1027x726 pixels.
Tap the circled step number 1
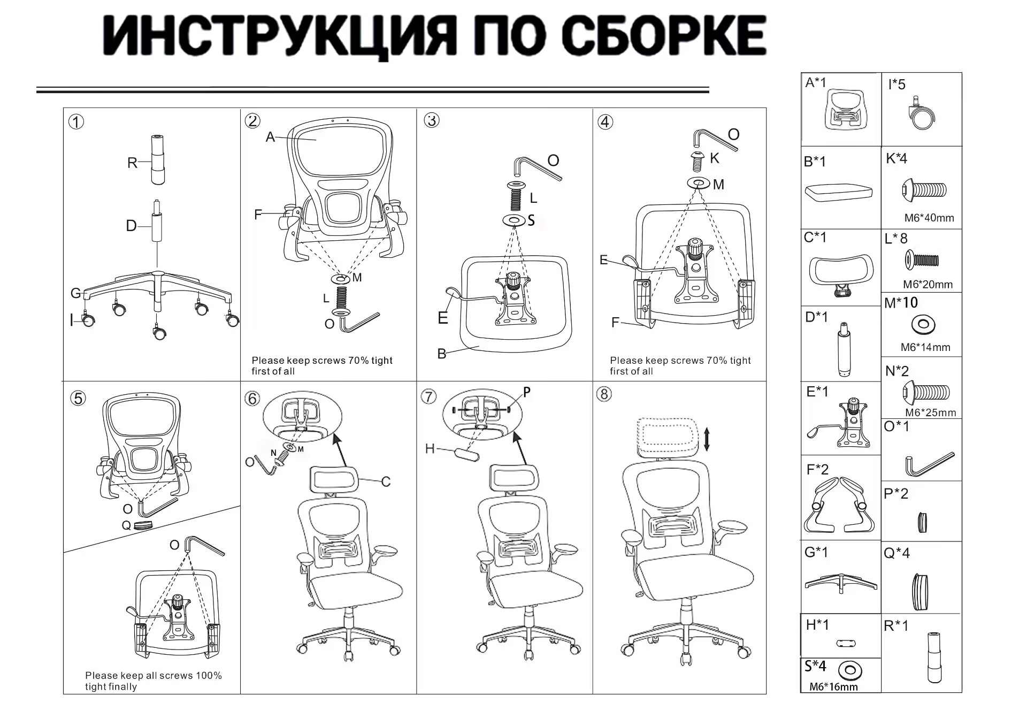tap(76, 122)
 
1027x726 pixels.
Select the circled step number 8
tap(604, 394)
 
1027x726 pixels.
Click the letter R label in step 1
tap(132, 163)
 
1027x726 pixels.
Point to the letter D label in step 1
tap(131, 226)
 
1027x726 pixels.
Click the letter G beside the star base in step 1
tap(76, 293)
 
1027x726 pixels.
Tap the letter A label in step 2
tap(270, 137)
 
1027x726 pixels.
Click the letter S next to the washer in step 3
tap(531, 220)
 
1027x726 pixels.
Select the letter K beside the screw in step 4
tap(715, 158)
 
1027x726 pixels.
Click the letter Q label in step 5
tap(126, 525)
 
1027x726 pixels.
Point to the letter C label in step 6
tap(386, 482)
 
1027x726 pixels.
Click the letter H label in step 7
tap(430, 448)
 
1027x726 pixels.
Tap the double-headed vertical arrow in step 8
tap(707, 439)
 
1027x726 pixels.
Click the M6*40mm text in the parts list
tap(929, 218)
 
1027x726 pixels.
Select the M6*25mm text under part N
tap(931, 412)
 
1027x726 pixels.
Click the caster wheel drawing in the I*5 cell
tap(920, 113)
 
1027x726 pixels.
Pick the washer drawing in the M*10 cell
tap(923, 324)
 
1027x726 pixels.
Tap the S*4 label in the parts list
tap(815, 666)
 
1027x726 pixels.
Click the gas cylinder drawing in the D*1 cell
tap(844, 350)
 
